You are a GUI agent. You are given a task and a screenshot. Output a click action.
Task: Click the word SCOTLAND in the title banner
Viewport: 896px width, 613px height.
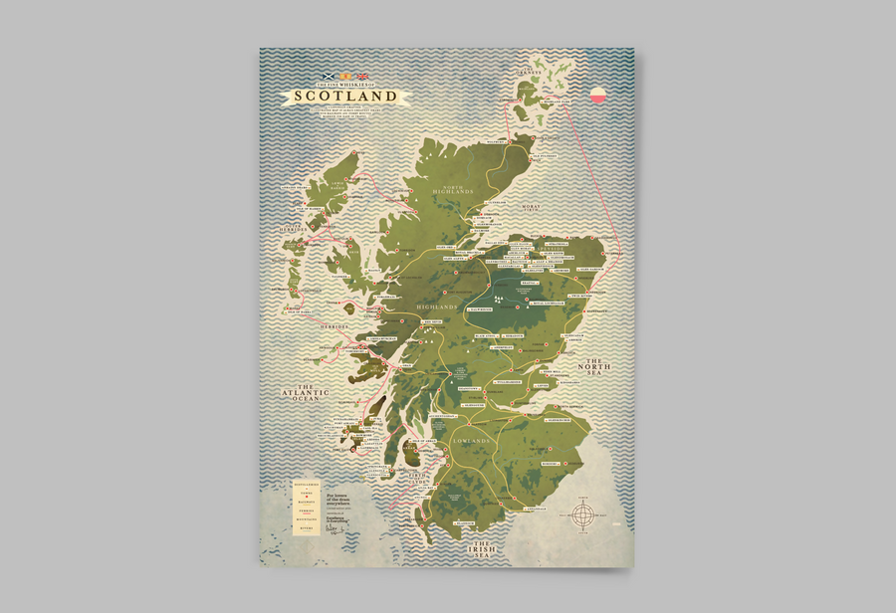point(346,97)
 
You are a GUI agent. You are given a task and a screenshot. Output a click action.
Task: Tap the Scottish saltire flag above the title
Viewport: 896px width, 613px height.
point(325,77)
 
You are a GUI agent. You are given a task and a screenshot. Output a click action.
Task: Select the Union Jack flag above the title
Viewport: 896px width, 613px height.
point(363,77)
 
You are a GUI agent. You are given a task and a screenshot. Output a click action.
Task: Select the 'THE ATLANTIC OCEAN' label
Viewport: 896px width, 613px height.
point(306,393)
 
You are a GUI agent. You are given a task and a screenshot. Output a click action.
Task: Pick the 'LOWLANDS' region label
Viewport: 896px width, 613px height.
point(472,439)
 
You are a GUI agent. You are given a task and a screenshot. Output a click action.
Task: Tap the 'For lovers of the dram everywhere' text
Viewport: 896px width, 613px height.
point(344,494)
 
